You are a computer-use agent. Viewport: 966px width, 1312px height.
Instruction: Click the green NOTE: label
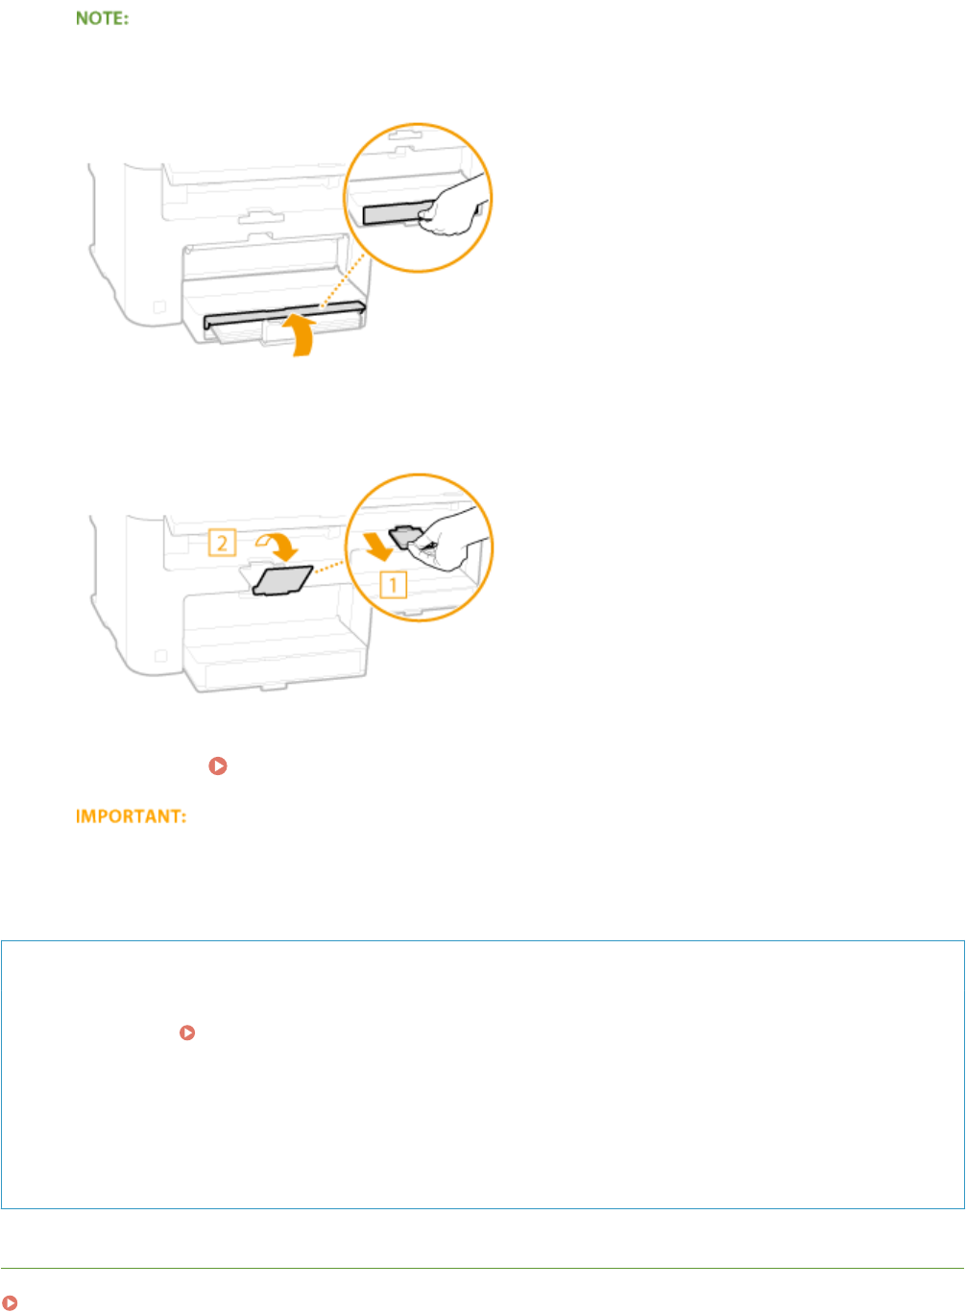pos(102,18)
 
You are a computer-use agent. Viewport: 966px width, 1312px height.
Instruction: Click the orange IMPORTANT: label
pos(131,816)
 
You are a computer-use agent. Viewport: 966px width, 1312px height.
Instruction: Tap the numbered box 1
pos(393,584)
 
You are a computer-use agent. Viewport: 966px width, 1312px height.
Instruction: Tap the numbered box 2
pos(222,544)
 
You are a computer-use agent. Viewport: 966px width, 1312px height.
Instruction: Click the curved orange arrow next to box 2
pos(279,545)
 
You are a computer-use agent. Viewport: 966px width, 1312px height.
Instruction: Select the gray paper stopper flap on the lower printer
pos(281,580)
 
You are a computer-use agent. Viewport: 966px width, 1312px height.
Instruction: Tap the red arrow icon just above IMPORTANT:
pos(218,766)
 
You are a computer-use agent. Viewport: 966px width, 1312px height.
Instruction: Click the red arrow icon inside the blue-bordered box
pos(187,1033)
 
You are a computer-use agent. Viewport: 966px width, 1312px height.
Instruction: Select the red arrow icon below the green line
pos(10,1302)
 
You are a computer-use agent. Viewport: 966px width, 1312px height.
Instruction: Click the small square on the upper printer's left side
pos(159,307)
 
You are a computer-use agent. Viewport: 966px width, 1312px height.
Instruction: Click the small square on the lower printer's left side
pos(160,656)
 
